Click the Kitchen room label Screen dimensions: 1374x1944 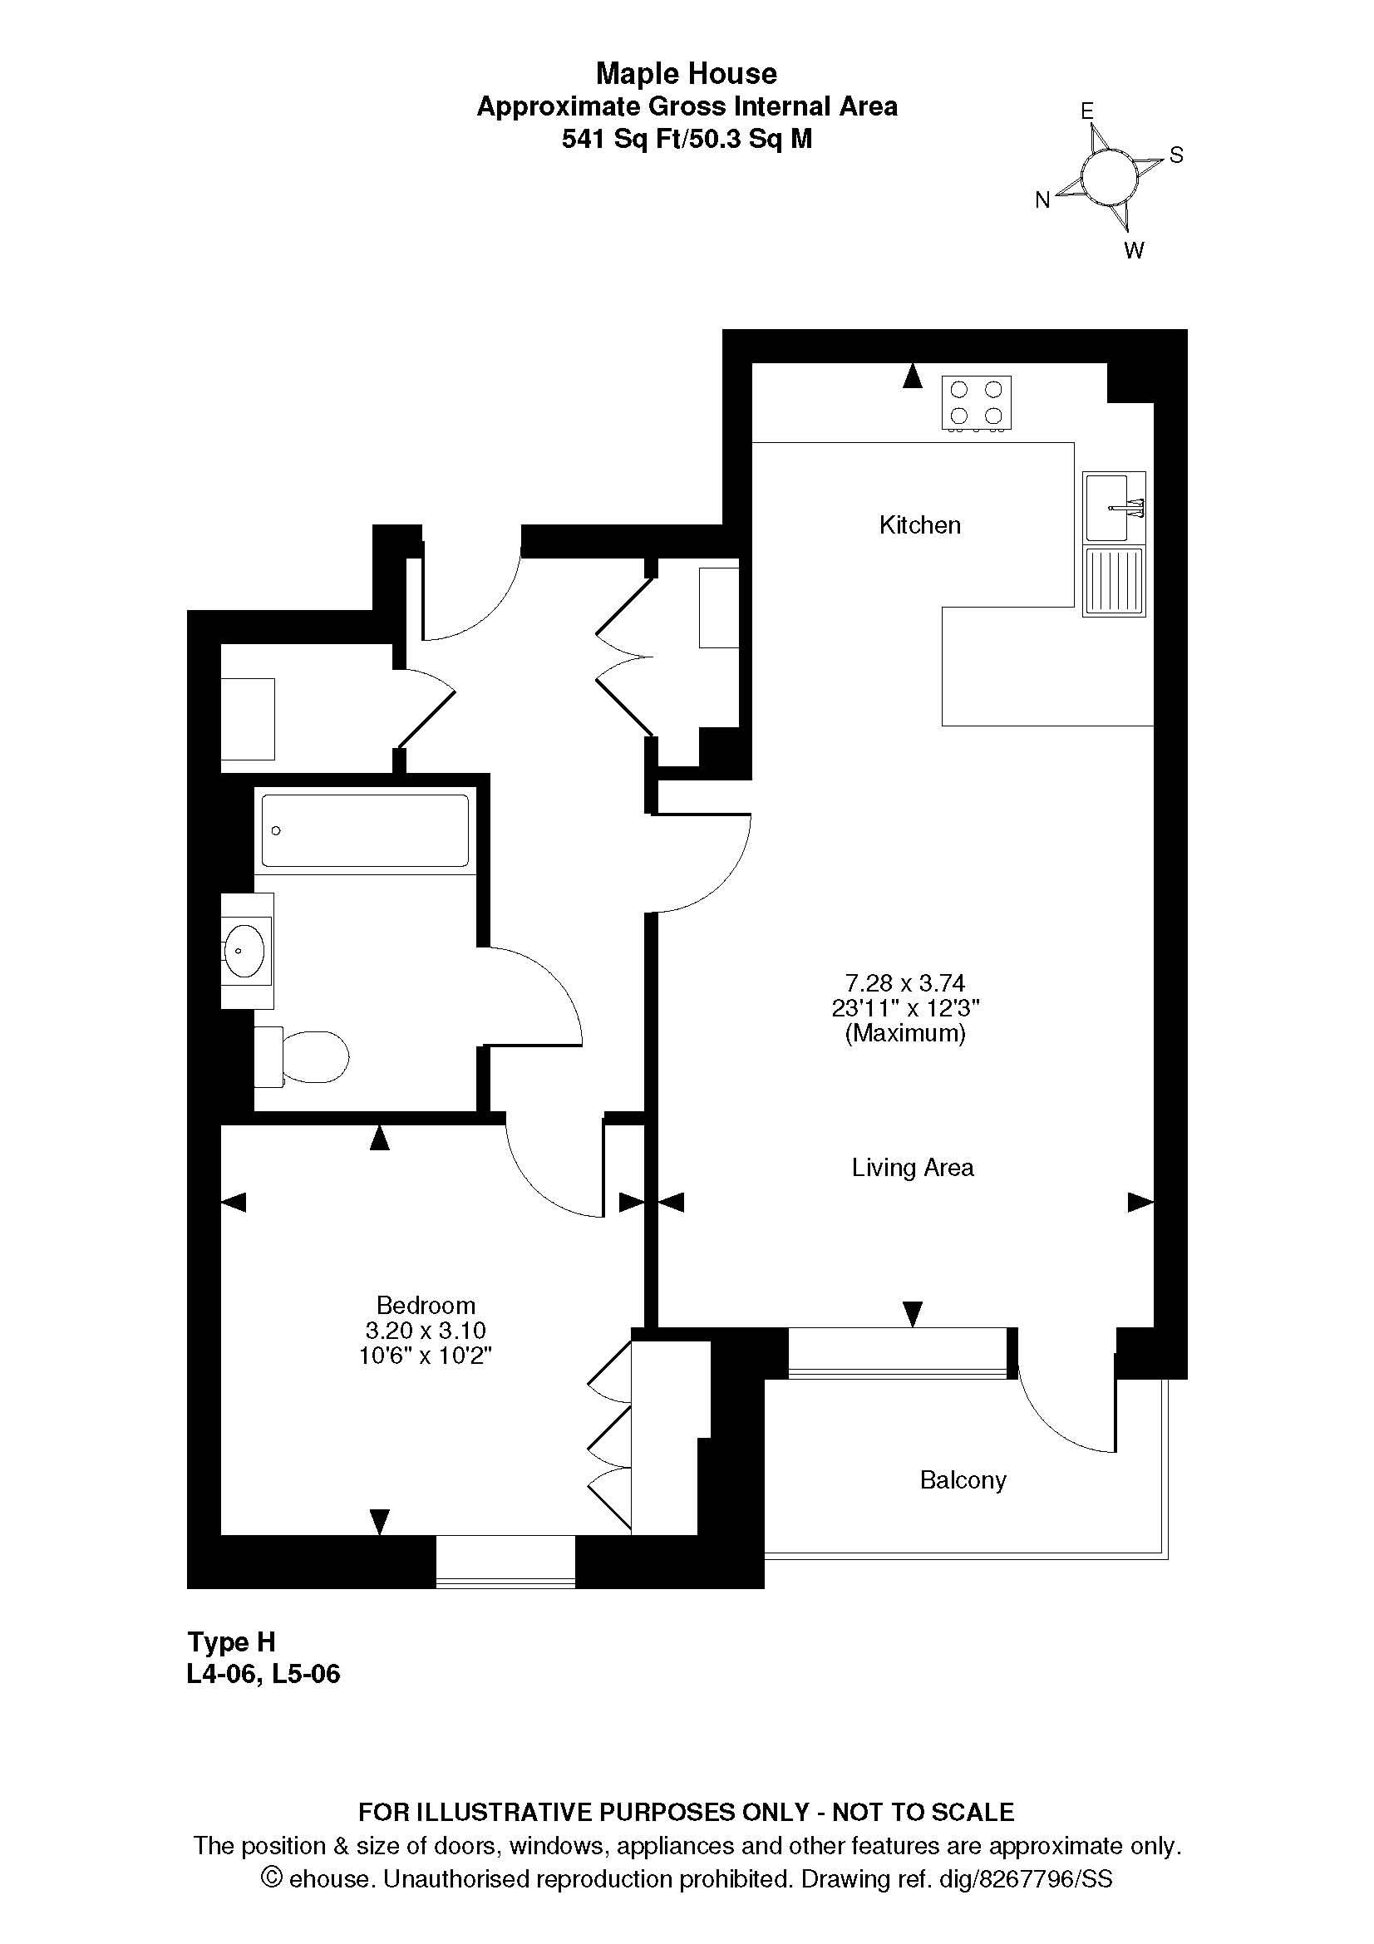click(919, 525)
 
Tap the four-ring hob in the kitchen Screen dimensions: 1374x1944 click(976, 403)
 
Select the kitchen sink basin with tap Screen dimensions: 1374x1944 click(1114, 506)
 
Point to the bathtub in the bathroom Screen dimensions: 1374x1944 click(365, 830)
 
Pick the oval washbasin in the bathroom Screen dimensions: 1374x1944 click(246, 950)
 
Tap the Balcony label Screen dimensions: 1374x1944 click(963, 1480)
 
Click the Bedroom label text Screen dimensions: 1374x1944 click(426, 1305)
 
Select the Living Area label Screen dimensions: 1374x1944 click(913, 1168)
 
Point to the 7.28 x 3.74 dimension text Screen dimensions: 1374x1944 click(905, 983)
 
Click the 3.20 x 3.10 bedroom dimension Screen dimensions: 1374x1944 click(426, 1330)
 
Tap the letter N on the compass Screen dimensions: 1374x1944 click(1043, 199)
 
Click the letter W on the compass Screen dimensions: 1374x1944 click(1134, 250)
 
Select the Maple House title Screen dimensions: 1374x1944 click(687, 74)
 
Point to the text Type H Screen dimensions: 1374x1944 click(231, 1641)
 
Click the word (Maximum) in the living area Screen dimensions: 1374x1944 click(905, 1033)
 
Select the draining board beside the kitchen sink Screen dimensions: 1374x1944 click(1114, 580)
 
